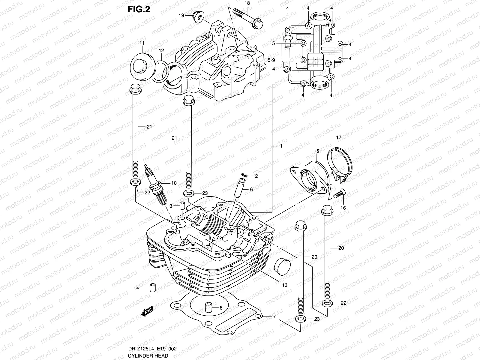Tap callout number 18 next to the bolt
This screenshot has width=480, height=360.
247,3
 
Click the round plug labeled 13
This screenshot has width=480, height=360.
282,265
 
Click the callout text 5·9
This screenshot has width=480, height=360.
271,61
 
